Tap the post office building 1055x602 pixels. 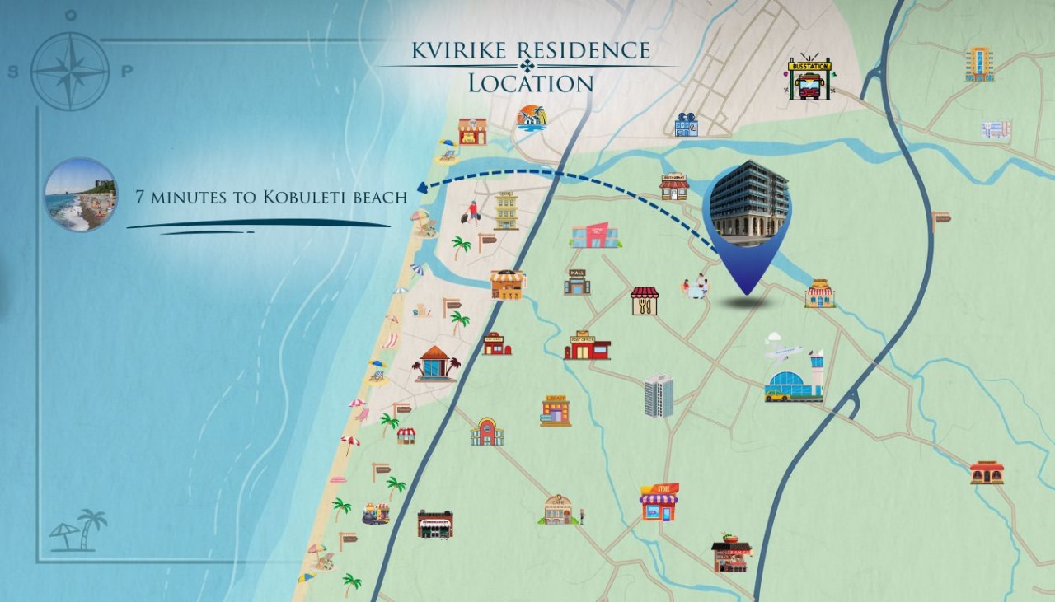(587, 346)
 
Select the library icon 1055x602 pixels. (556, 410)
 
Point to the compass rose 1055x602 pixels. (70, 71)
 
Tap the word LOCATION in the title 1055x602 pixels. (531, 83)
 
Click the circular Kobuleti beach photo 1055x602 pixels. (80, 194)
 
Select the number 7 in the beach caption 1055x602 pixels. (140, 197)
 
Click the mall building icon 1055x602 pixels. (577, 282)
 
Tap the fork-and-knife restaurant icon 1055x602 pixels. (645, 301)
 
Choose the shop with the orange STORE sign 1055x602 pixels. (659, 502)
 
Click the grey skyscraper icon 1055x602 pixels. (659, 395)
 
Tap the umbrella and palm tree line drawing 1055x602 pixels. (79, 530)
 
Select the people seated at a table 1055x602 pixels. (695, 287)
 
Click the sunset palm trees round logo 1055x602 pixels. (532, 118)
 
